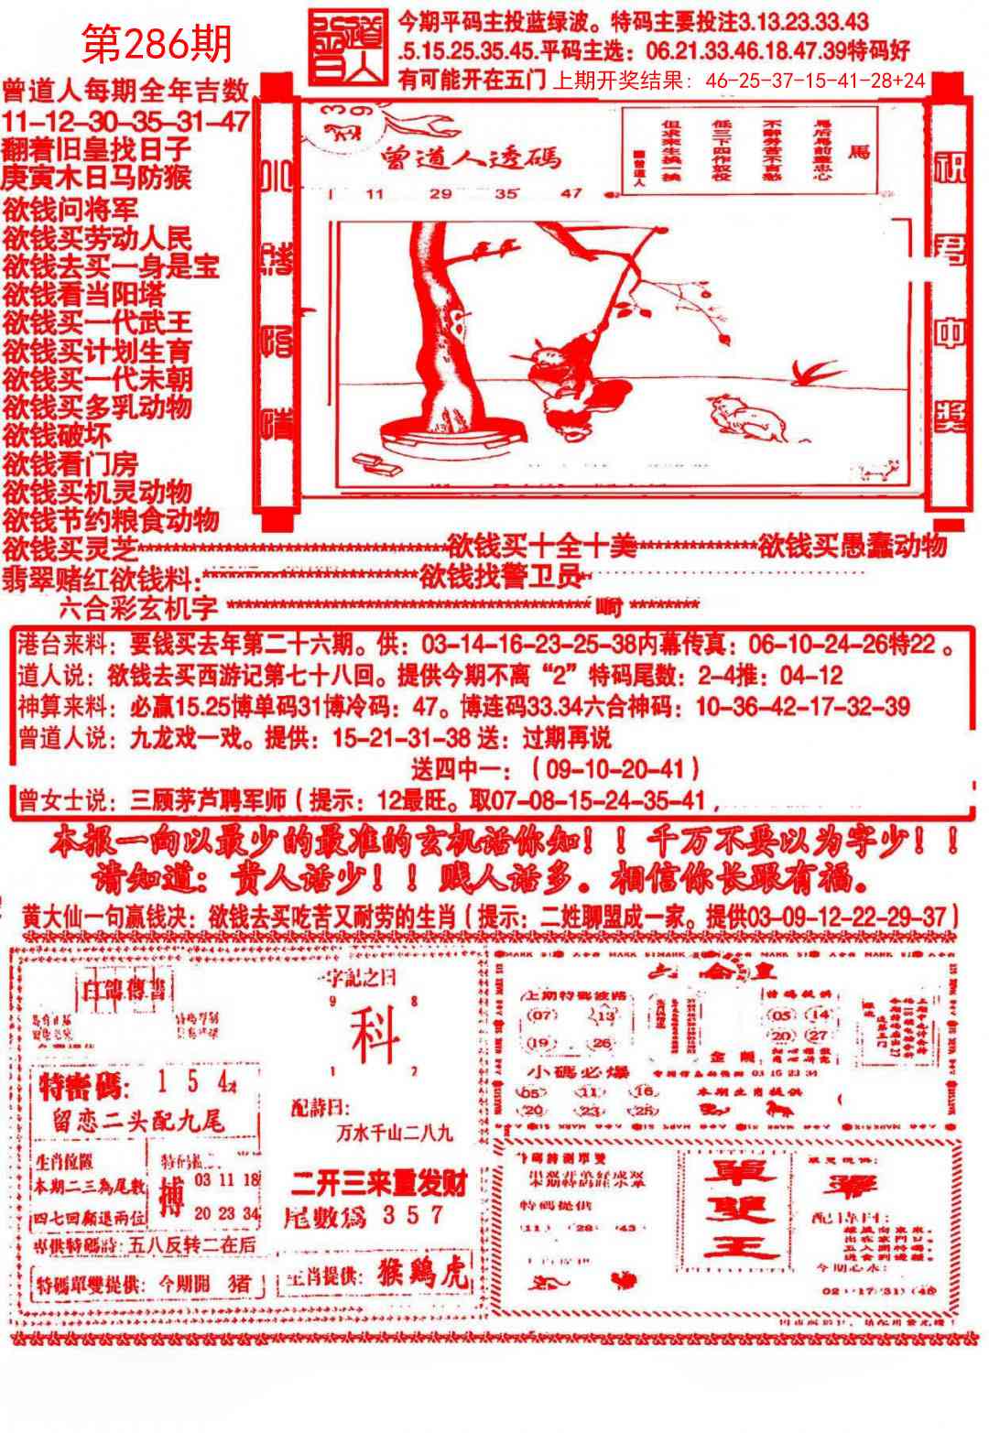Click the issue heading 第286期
157,42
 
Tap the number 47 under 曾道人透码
571,193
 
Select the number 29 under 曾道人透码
441,193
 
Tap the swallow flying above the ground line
812,372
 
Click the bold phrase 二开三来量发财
379,1183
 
